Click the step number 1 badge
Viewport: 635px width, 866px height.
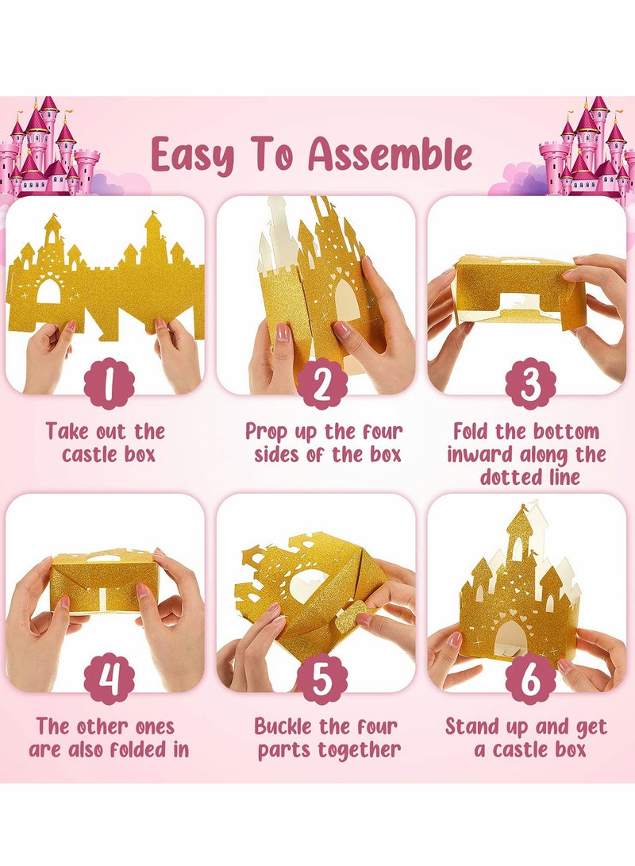(109, 383)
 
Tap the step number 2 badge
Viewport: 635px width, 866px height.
(321, 383)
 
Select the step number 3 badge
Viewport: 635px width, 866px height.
(530, 383)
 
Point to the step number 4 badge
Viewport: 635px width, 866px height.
(109, 679)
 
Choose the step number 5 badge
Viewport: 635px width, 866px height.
(321, 679)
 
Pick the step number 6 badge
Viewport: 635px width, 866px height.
(530, 679)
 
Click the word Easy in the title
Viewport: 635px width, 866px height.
(193, 155)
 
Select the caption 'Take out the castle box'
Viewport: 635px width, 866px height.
(105, 443)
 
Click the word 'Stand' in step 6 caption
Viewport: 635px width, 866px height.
(475, 726)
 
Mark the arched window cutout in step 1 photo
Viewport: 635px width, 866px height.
(48, 291)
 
